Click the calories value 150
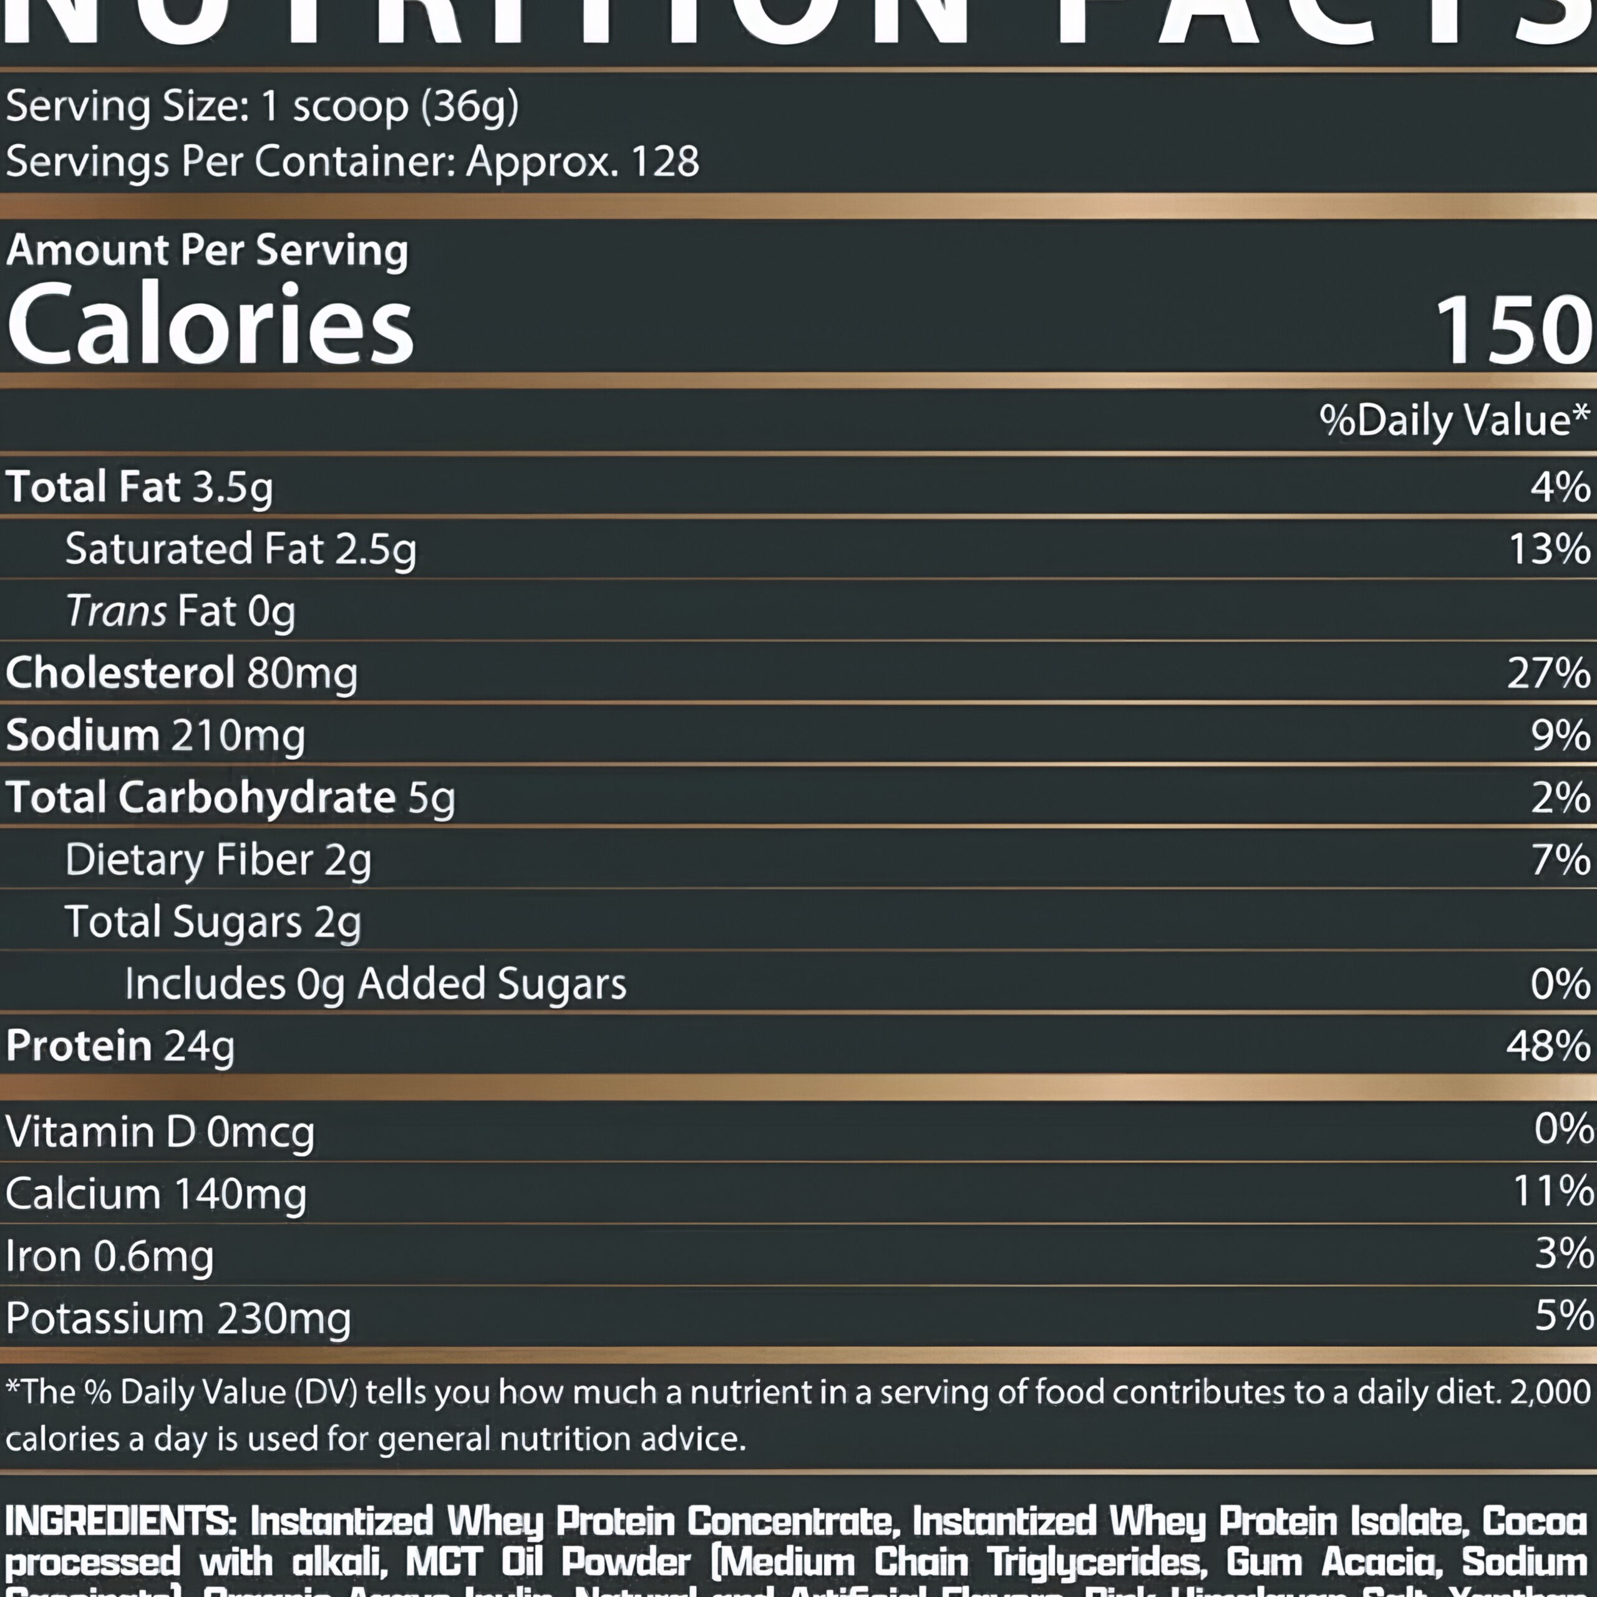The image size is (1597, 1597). (1513, 331)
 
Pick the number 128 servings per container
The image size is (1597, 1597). (666, 161)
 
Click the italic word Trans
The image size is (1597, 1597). (116, 612)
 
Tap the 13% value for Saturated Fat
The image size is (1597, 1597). (1549, 549)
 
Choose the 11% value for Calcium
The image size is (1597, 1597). (1552, 1192)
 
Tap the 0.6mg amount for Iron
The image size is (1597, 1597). (153, 1256)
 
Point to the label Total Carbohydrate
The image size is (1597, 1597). (201, 798)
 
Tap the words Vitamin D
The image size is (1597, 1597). (100, 1132)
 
